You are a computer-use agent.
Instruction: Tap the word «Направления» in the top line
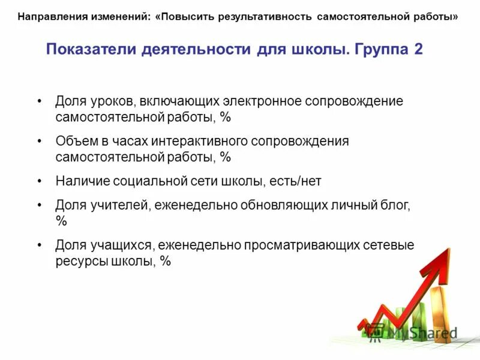[50, 16]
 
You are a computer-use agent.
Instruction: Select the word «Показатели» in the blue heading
[90, 49]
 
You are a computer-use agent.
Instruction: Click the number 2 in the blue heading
[418, 49]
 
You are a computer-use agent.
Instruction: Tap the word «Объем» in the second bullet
[73, 142]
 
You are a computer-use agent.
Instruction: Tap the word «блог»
[396, 206]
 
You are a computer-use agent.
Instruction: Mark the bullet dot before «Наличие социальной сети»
[40, 180]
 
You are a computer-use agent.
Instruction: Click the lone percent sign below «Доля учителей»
[61, 221]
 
